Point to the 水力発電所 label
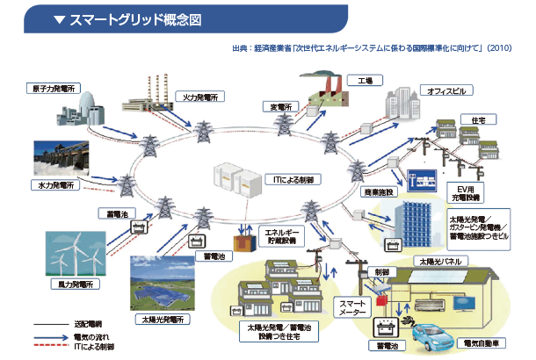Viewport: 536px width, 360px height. click(x=59, y=186)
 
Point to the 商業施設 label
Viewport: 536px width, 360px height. click(x=383, y=191)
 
